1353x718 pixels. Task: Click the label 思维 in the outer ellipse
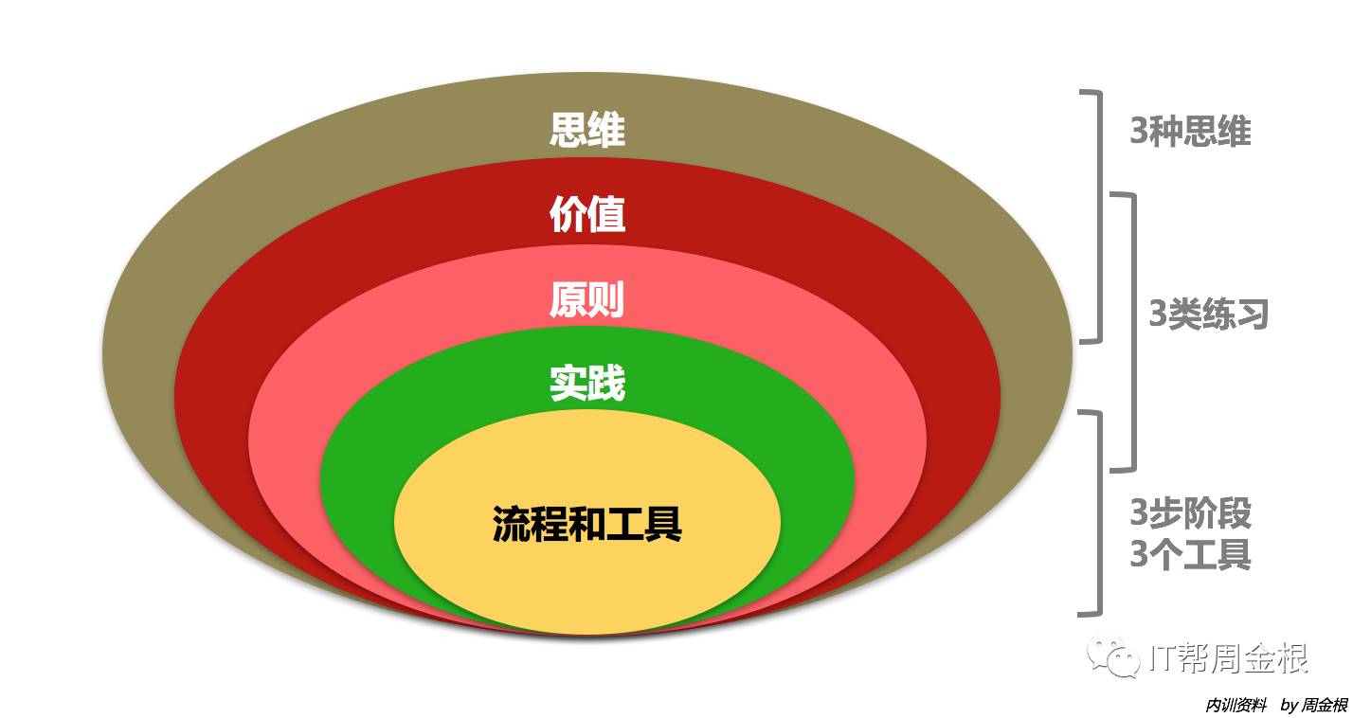587,131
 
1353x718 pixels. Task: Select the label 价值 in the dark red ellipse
587,215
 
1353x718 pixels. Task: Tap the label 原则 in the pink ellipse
587,299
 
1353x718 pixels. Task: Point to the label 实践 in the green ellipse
587,384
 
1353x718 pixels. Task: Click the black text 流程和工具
587,523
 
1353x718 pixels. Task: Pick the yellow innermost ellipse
587,578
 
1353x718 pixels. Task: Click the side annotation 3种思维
1190,132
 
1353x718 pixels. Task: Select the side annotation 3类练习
1208,314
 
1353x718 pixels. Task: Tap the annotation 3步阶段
1190,513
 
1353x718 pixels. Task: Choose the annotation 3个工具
1190,554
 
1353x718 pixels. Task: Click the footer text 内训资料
1236,706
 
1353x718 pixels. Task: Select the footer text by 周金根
1313,706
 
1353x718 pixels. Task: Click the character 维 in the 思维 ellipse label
606,131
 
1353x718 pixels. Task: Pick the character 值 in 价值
606,215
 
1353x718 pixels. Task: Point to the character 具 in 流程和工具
663,523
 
